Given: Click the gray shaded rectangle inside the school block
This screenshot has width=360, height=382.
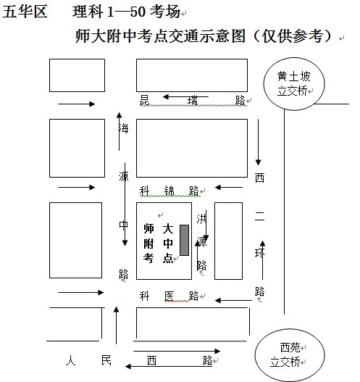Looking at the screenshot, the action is coord(184,240).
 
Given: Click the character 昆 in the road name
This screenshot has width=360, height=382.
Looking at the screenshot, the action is coord(144,100).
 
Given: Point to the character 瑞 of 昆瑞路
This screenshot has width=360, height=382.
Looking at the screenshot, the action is coord(193,101).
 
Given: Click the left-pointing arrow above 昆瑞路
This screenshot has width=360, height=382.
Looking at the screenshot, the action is coord(185,97).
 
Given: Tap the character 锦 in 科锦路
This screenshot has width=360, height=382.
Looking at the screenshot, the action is coord(169,191).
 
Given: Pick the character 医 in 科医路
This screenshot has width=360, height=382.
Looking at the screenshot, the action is coord(169,296).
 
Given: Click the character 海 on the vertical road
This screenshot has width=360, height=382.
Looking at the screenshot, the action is coord(124,128).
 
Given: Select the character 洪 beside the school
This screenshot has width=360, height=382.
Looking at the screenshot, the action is coord(201,219).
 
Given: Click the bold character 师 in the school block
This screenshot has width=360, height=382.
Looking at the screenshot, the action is coord(148,228).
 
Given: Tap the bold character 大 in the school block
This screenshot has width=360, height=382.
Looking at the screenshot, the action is coord(168,228).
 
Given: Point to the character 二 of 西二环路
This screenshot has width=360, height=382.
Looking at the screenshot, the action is coord(259,216).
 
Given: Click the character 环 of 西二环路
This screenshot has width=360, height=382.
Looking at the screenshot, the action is coord(259,253).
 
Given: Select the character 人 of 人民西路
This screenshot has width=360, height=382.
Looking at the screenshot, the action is coord(70,360).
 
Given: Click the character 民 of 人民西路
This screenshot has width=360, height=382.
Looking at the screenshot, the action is coord(106,360).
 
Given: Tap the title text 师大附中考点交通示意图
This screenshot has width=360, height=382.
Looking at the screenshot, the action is coord(160,36).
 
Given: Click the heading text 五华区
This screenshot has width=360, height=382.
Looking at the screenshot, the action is coord(25,12).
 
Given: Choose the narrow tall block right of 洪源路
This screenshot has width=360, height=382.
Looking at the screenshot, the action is coord(228,241).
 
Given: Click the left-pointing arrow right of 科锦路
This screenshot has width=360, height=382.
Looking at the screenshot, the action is coord(229,187).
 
